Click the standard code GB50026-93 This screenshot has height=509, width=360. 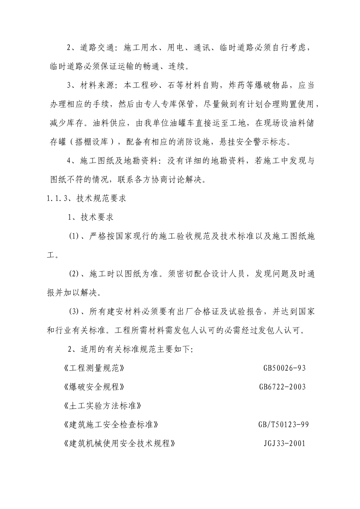pyautogui.click(x=284, y=368)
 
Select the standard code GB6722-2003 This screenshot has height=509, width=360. pyautogui.click(x=282, y=387)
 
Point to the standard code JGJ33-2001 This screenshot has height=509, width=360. pyautogui.click(x=284, y=443)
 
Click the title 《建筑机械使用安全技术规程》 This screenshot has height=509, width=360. pyautogui.click(x=120, y=443)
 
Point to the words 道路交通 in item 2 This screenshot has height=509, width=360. pyautogui.click(x=94, y=48)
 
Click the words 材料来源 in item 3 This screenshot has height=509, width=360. pyautogui.click(x=94, y=86)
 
